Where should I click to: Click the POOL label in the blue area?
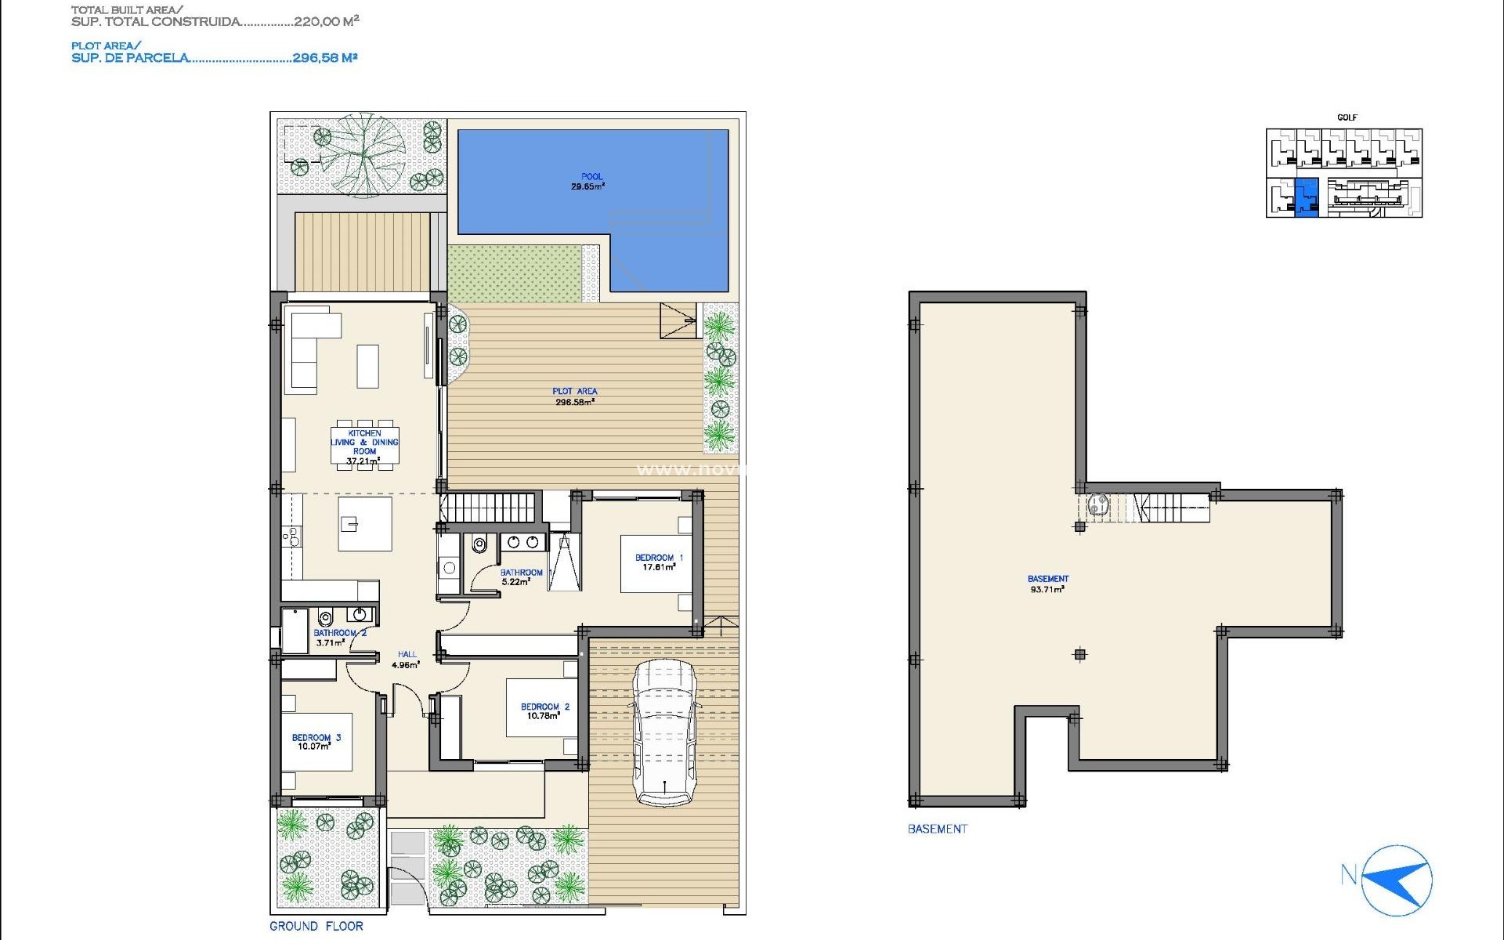pos(591,177)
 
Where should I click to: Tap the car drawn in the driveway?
pos(665,732)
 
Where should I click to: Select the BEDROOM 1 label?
pos(659,558)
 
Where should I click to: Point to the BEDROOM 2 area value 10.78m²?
pos(544,716)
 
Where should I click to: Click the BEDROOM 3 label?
pos(316,737)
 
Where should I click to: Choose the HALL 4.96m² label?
pos(407,660)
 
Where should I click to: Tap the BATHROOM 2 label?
pos(339,633)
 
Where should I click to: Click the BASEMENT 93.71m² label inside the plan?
pos(1047,584)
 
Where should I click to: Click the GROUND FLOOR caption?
pos(316,926)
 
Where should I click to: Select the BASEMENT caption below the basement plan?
pos(937,829)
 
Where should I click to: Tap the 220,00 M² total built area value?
pos(326,21)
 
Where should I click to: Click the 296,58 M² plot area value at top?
pos(324,57)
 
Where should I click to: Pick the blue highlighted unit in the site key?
pos(1307,197)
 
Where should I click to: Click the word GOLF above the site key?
pos(1347,117)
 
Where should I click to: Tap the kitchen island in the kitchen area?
pos(365,523)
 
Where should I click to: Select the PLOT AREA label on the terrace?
pos(574,391)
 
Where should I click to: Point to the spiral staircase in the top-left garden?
pos(363,155)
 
